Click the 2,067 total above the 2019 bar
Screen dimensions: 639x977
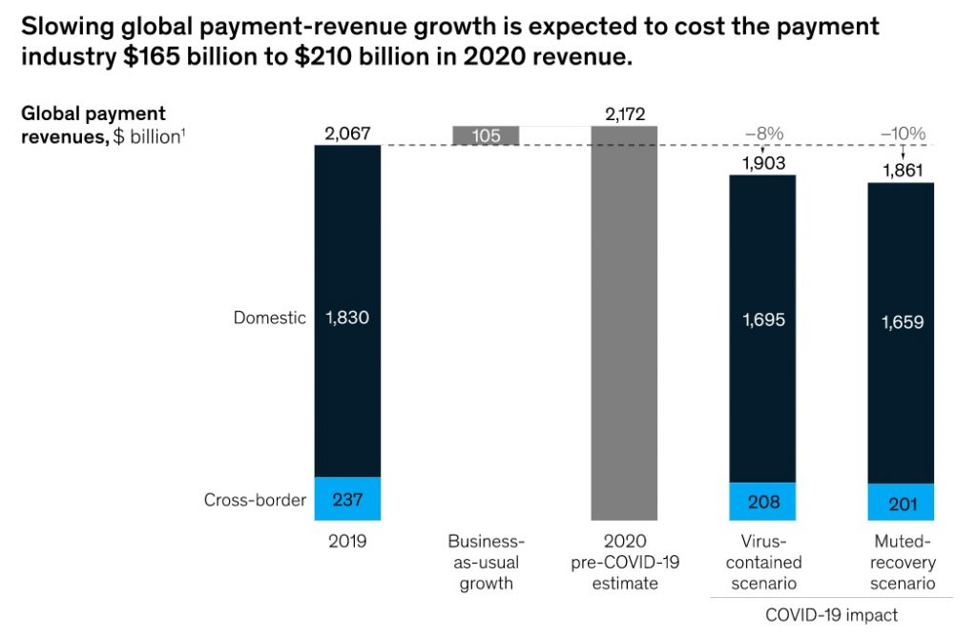[x=347, y=134]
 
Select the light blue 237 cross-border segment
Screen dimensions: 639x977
[x=347, y=499]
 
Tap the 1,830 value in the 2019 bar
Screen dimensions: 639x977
[x=347, y=318]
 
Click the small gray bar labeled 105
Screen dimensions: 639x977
[x=485, y=135]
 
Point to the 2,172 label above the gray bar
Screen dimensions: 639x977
[x=624, y=114]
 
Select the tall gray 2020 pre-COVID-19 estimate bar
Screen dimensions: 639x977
[x=624, y=324]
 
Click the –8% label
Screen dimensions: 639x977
[x=762, y=134]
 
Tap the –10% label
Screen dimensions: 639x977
[x=902, y=134]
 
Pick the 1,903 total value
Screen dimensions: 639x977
[x=762, y=163]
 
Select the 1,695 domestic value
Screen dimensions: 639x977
[x=762, y=320]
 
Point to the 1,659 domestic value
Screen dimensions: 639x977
[x=902, y=323]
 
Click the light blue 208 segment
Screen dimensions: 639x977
[x=762, y=502]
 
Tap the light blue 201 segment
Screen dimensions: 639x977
[x=902, y=503]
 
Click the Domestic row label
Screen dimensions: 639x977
[x=270, y=318]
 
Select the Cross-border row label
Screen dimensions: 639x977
[x=255, y=499]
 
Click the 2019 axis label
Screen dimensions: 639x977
[x=347, y=541]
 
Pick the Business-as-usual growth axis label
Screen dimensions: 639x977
[x=485, y=562]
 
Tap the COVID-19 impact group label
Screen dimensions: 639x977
[x=831, y=614]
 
